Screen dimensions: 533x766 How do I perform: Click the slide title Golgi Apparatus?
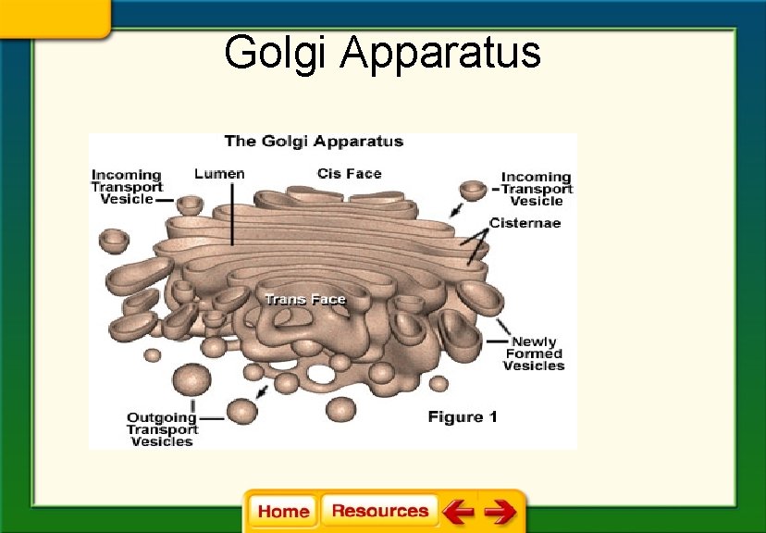pos(382,52)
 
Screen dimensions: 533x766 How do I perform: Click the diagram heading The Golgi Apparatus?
pos(314,142)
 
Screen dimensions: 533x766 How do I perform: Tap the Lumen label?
pos(219,173)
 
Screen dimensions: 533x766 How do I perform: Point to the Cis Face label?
pos(349,173)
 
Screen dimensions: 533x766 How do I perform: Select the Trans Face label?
pos(304,299)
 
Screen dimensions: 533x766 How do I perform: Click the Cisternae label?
pos(525,223)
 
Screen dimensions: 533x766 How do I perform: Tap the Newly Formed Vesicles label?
pos(534,353)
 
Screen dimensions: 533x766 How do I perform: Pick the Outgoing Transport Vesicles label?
pos(162,429)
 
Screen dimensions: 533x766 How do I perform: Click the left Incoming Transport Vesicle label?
pos(127,186)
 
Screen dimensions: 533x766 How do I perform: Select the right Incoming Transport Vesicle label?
pos(537,189)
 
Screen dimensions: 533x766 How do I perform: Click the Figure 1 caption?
pos(463,417)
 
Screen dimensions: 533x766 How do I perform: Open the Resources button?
pos(380,511)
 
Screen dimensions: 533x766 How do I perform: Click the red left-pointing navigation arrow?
pos(458,511)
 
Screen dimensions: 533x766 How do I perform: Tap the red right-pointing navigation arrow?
pos(500,511)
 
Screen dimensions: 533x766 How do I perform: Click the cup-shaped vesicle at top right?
pos(474,192)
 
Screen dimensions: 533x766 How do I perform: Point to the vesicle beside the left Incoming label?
pos(190,205)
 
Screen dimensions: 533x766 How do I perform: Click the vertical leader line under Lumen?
pos(231,213)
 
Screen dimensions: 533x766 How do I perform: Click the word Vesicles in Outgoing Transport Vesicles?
pos(162,441)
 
